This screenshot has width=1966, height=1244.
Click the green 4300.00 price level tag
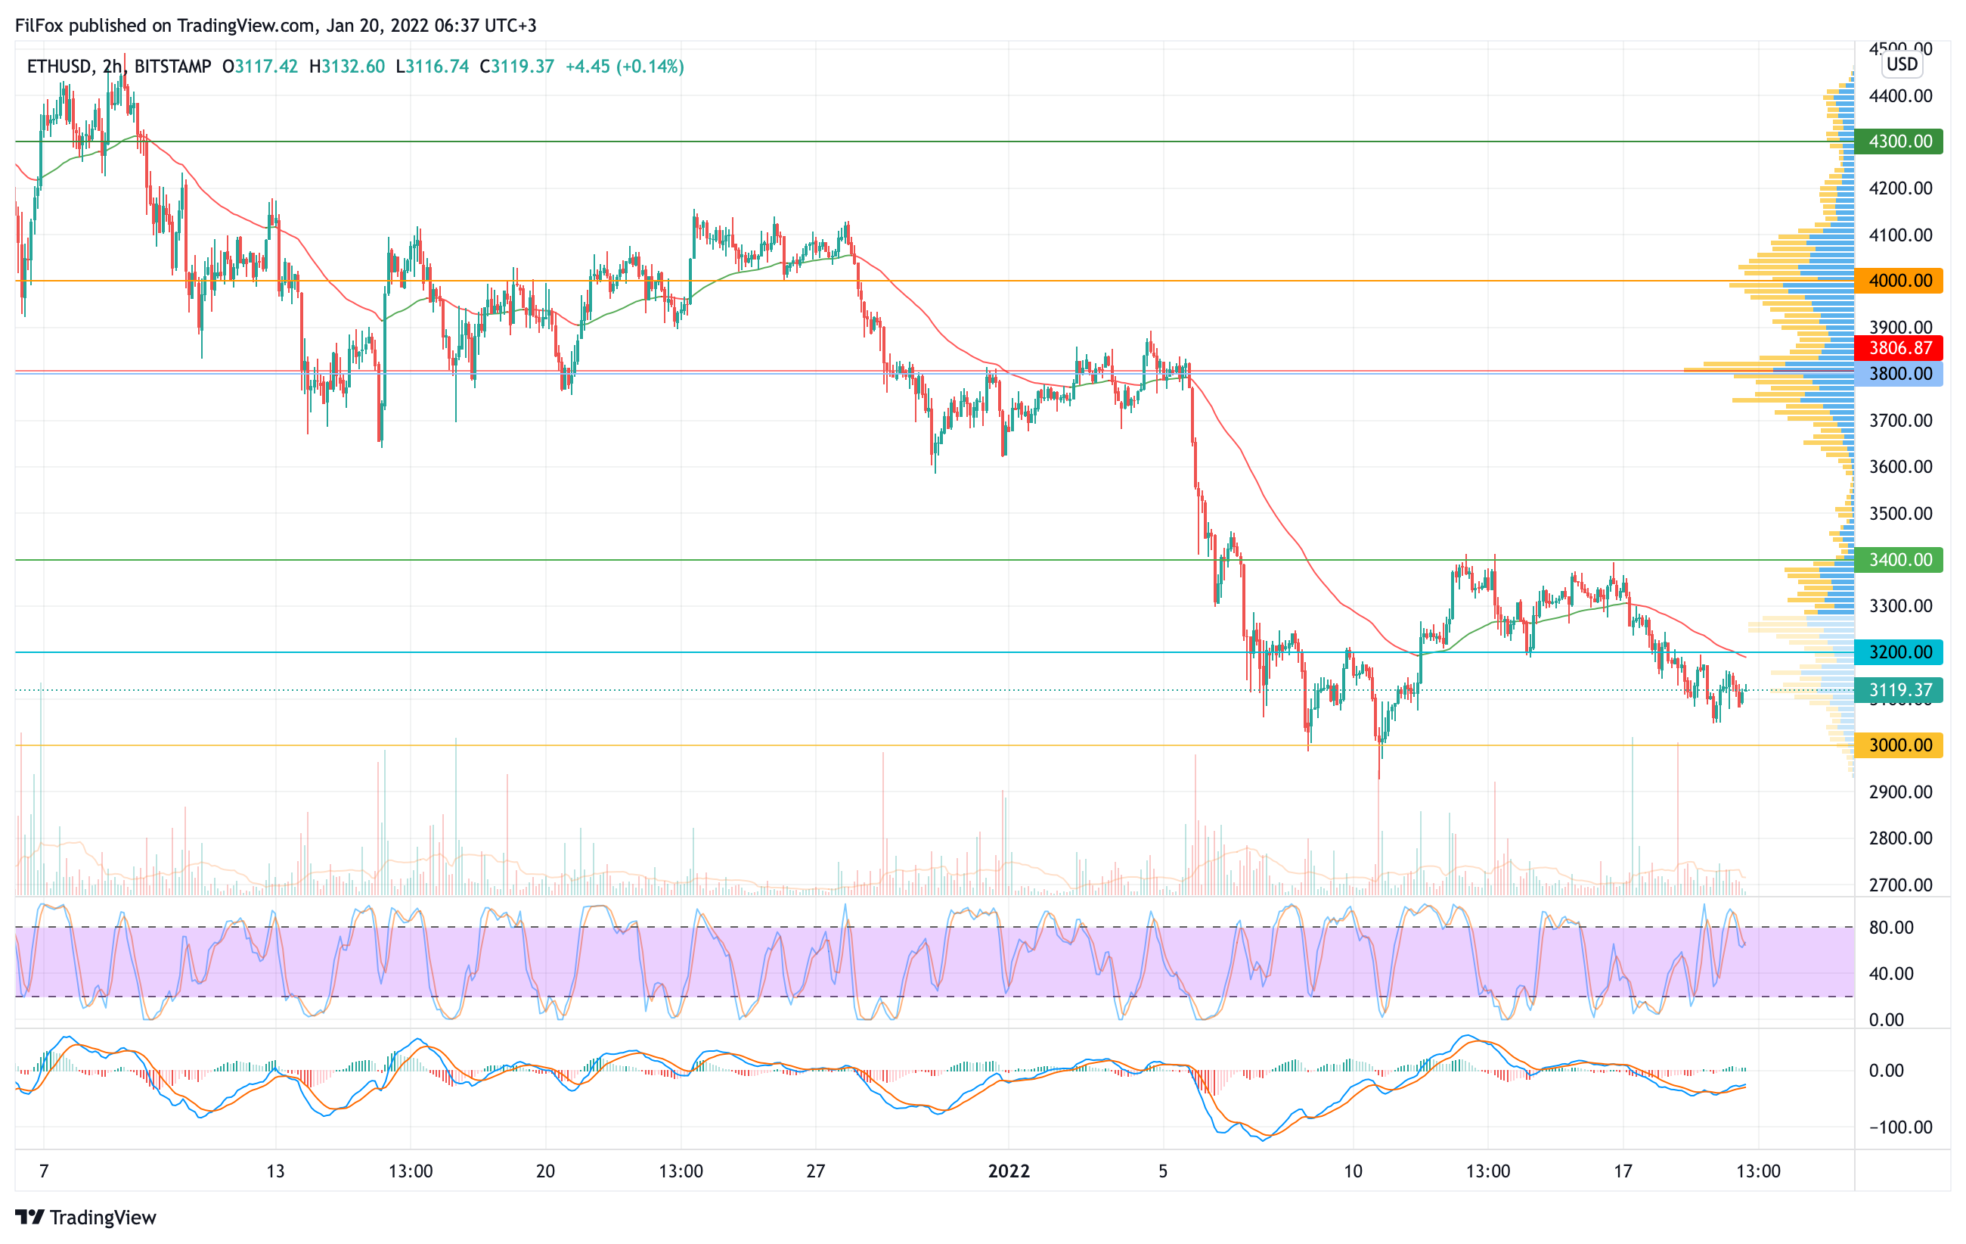(1899, 142)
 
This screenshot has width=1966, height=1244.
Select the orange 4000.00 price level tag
(1899, 281)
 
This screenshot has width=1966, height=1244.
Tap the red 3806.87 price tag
(1899, 348)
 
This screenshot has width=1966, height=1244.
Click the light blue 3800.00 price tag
(1899, 374)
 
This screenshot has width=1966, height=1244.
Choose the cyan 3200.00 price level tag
(1899, 652)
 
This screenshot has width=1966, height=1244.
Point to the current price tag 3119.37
(1899, 690)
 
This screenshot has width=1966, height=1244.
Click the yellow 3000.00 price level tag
(1899, 745)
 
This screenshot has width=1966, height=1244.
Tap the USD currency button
(1902, 64)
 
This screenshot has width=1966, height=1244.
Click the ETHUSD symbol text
(59, 67)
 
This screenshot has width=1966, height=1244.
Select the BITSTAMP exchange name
(172, 67)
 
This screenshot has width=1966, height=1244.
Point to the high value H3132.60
(347, 67)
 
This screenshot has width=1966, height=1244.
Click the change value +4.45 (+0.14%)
(625, 67)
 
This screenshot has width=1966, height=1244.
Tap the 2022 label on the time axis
(1009, 1171)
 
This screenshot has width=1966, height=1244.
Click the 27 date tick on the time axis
(816, 1171)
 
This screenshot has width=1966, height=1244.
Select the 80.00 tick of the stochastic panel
(1891, 927)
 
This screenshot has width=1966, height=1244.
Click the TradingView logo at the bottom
(85, 1217)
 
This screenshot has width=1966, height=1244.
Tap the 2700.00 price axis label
(1901, 885)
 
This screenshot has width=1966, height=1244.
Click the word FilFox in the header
(39, 25)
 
